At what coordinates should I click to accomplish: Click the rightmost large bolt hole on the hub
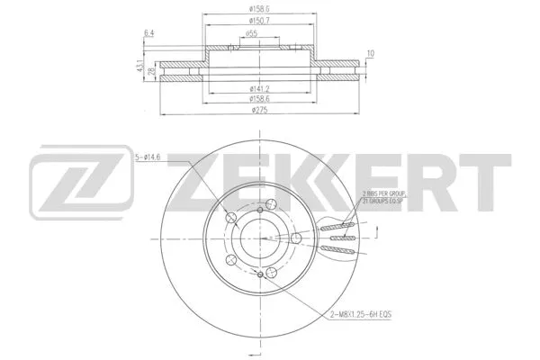[x=296, y=238]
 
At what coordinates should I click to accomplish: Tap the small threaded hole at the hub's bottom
[x=261, y=274]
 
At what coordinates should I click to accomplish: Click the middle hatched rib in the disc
[x=342, y=238]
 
